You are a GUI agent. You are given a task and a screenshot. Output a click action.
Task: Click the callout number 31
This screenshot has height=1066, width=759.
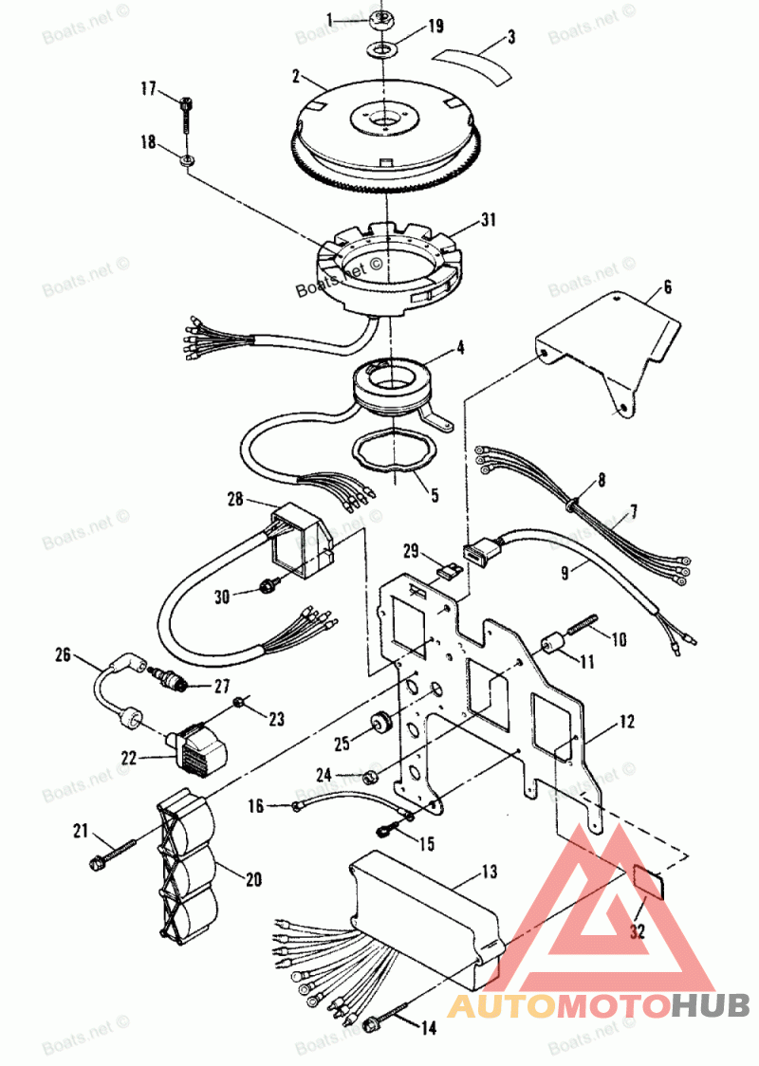489,219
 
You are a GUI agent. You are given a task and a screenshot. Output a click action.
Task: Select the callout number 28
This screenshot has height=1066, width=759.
236,498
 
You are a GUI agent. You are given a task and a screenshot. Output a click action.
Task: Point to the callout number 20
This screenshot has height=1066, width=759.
253,879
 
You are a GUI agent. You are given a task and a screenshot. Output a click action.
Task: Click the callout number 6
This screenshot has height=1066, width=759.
667,286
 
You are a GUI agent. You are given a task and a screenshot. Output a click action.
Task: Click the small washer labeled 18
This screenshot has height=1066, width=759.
187,157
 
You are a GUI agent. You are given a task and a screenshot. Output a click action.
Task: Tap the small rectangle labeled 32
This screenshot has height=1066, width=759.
650,880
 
